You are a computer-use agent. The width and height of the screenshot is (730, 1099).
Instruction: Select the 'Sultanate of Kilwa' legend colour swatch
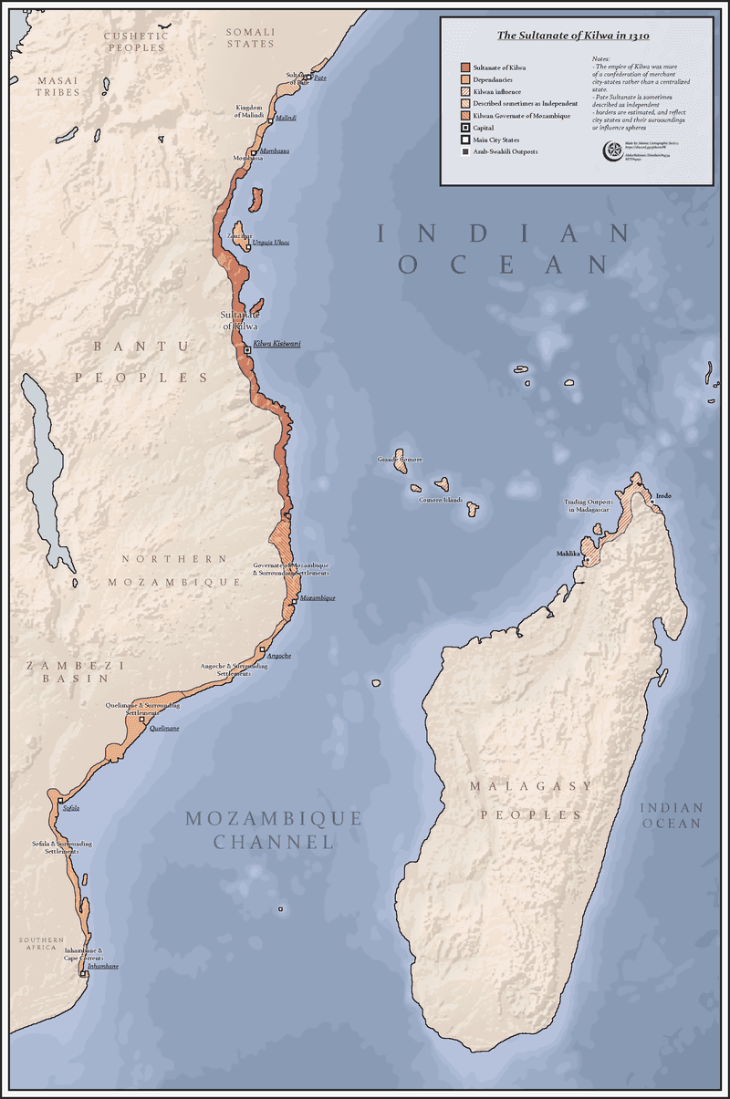pos(464,68)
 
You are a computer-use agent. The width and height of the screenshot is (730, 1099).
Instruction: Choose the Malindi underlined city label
pos(287,119)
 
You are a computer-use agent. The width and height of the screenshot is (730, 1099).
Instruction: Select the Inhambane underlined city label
pos(102,966)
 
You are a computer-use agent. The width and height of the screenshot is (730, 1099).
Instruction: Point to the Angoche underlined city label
pos(278,657)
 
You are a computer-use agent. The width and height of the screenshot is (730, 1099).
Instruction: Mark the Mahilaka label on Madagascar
pos(568,554)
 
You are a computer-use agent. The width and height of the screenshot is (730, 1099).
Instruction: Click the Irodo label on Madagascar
pos(663,495)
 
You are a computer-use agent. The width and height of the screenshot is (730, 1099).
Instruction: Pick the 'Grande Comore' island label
pos(400,460)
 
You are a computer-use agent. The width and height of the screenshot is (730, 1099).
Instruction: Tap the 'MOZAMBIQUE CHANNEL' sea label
pos(274,830)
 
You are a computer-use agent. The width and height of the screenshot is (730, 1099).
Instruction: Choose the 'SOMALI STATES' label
pos(249,37)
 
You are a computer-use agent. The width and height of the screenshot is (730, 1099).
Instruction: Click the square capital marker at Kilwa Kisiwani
pos(247,350)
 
